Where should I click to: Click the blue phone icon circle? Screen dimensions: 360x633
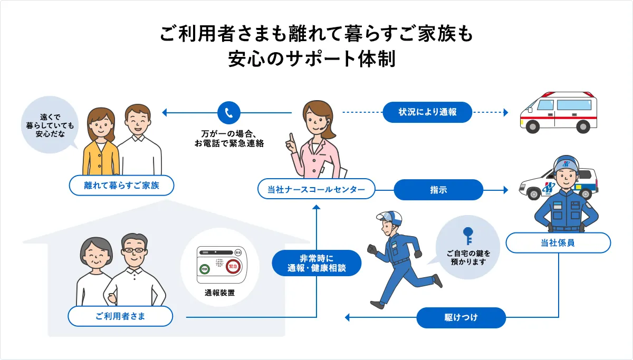point(228,112)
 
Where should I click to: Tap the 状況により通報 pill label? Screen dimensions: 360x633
point(427,112)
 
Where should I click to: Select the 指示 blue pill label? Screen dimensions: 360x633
point(438,190)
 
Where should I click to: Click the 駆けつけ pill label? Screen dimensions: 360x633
point(461,318)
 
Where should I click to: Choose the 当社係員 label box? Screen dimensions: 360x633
point(558,243)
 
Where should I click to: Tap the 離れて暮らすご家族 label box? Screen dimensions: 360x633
point(121,186)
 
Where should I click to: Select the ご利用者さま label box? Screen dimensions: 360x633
point(121,316)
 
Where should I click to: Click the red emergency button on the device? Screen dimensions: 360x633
point(233,268)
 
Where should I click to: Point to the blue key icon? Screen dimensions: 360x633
point(467,235)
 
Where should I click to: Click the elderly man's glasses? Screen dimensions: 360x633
point(135,250)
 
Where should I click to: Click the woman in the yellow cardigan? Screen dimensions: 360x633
point(101,142)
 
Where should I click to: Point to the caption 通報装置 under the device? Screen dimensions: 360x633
point(219,293)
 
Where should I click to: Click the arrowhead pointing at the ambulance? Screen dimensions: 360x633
point(505,112)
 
